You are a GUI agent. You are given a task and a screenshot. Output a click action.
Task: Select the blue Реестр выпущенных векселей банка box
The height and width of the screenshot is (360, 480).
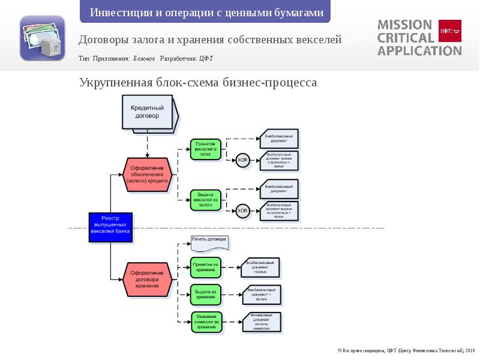(110, 227)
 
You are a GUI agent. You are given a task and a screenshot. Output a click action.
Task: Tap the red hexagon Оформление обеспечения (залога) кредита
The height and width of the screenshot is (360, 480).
(148, 174)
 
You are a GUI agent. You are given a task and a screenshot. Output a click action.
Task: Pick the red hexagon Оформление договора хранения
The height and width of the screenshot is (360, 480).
(147, 280)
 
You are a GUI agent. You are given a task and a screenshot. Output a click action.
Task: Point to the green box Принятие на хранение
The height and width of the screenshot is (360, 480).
(206, 268)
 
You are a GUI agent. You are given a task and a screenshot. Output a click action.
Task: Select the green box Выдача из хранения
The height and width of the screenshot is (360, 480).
(206, 293)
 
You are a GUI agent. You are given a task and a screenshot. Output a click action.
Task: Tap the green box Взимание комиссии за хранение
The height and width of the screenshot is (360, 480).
(206, 321)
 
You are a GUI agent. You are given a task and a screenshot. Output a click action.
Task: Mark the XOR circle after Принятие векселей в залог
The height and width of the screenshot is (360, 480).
(242, 161)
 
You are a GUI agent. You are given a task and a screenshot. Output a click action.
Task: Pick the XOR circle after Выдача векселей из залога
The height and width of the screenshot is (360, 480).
(242, 211)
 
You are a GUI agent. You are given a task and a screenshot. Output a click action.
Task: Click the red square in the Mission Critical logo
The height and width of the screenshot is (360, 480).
(450, 29)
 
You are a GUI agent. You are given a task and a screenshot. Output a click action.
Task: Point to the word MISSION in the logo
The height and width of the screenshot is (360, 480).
(404, 25)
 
